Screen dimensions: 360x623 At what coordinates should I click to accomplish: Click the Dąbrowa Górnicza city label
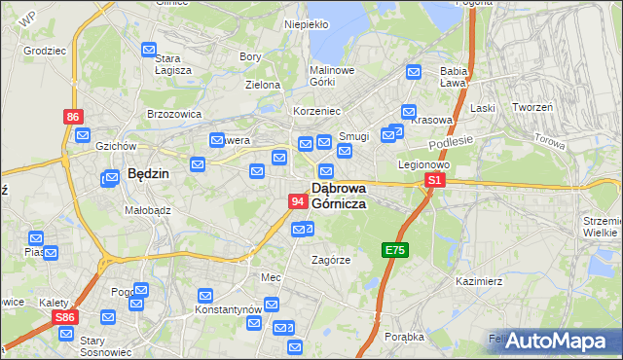[338, 196]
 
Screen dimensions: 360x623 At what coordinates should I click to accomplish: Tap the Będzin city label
[148, 174]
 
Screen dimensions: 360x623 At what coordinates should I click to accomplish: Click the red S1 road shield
[435, 181]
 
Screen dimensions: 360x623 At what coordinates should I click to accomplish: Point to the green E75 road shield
[394, 250]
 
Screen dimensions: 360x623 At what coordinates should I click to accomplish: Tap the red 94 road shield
[299, 201]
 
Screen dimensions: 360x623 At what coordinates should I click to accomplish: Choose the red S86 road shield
[65, 317]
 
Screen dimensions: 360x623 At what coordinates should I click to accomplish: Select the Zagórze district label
[330, 260]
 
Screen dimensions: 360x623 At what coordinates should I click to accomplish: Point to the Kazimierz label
[478, 281]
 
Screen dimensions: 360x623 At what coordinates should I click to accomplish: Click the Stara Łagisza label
[173, 64]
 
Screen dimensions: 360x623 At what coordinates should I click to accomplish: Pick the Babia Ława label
[455, 77]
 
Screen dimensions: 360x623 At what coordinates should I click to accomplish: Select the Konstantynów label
[227, 309]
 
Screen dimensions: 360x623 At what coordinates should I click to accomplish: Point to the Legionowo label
[421, 164]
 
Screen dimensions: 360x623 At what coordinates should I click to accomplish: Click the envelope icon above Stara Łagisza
[149, 50]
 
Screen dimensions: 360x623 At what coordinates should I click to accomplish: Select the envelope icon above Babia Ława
[414, 71]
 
